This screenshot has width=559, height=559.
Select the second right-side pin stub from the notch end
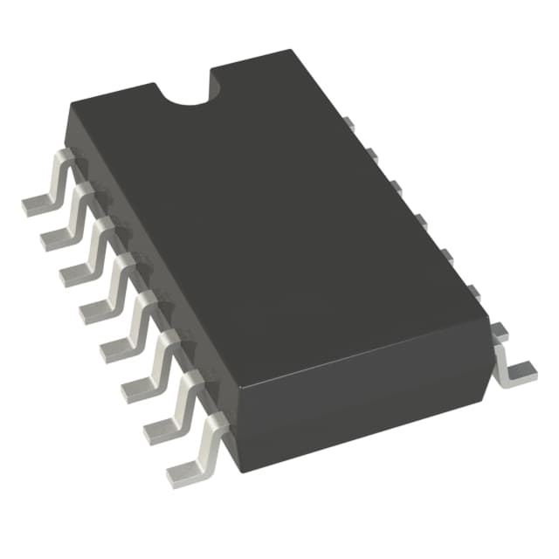click(372, 155)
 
